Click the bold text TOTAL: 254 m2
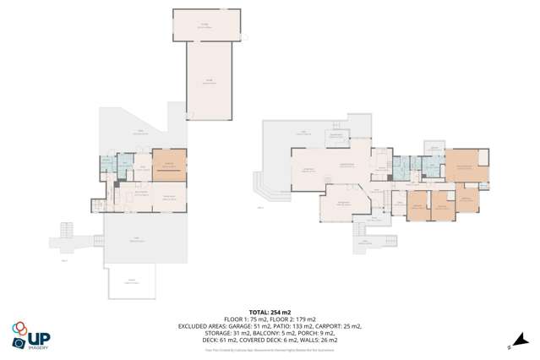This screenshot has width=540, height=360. [x=270, y=312]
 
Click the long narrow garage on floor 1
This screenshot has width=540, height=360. [x=207, y=81]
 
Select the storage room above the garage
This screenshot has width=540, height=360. [x=206, y=25]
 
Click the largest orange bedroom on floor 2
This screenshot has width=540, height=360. [x=466, y=166]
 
